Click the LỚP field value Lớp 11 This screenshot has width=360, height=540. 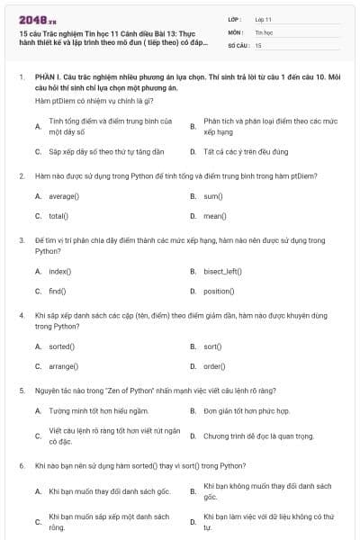pos(263,18)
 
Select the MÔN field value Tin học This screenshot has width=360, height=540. pos(263,31)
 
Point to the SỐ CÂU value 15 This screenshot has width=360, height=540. pos(258,44)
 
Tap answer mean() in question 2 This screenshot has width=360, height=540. pos(214,216)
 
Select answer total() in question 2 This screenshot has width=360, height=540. pos(58,216)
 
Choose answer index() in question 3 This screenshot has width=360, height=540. pos(60,271)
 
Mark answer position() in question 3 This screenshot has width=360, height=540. pos(218,292)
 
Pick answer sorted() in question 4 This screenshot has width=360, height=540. pos(62,346)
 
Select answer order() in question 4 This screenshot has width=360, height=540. pos(214,366)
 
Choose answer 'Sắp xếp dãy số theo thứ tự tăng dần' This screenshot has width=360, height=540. pos(100,151)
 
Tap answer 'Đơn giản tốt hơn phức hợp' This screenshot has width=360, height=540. pos(246,410)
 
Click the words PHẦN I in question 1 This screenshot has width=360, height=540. pos(47,78)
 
